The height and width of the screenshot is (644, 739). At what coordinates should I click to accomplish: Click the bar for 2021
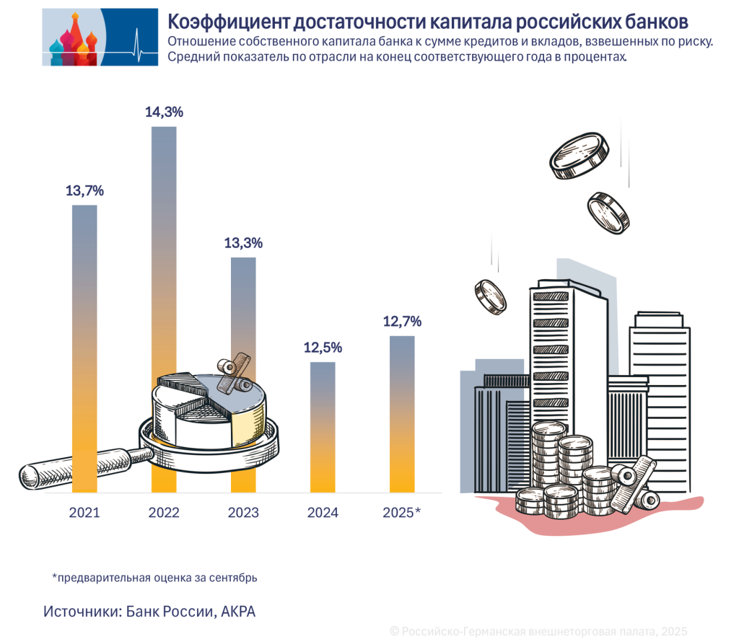(84, 325)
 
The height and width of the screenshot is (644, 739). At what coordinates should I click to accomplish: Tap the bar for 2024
(323, 425)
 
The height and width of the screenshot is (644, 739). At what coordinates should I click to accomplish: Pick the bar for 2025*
(402, 411)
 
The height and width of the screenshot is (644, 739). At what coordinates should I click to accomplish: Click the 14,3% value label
(164, 112)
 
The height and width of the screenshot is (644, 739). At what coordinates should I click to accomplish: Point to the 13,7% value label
(84, 191)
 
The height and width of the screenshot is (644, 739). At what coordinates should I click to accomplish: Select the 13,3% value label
(243, 243)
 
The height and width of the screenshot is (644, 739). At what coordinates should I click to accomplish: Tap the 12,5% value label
(323, 348)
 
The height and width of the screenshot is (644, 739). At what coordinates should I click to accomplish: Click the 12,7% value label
(402, 322)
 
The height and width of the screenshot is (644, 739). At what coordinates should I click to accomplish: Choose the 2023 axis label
(243, 513)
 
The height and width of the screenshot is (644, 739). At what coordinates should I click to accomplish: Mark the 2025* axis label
(401, 513)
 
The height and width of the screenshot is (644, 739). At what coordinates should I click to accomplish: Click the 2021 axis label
(84, 513)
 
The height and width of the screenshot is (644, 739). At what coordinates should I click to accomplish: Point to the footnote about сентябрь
(154, 578)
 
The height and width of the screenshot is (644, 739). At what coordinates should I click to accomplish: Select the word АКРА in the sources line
(237, 612)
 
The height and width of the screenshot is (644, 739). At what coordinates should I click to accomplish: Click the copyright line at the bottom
(538, 631)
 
